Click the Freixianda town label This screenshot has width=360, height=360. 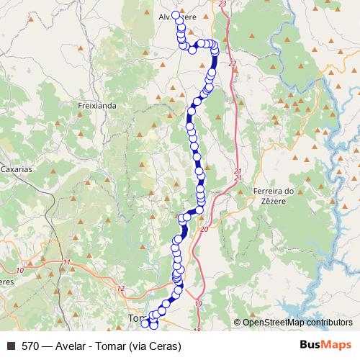96,105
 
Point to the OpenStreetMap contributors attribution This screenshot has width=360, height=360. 297,323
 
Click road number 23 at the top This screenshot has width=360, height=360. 221,4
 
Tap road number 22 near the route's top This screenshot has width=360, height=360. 232,64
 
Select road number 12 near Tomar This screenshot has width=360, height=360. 120,289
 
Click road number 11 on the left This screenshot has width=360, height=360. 66,262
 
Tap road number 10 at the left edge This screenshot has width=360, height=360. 20,269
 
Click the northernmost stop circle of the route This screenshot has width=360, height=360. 175,14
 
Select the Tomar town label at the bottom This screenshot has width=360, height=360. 135,318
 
